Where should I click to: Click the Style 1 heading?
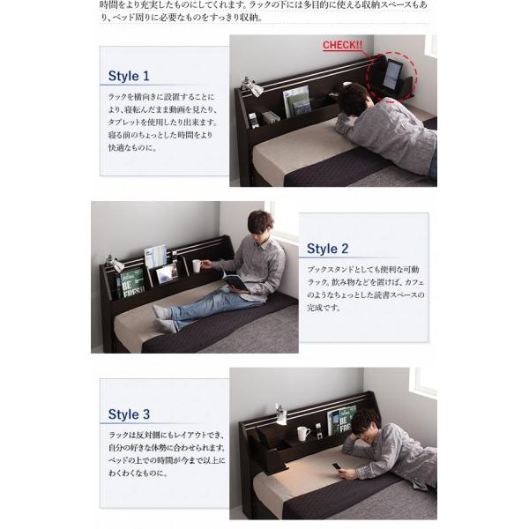(129, 76)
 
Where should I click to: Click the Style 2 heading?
(328, 249)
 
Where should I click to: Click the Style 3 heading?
(129, 414)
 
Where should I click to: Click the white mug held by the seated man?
(197, 265)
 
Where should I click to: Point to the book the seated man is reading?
(236, 282)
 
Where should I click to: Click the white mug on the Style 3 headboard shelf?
(302, 433)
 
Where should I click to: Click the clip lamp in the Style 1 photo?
(250, 87)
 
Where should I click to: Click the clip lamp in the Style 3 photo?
(281, 413)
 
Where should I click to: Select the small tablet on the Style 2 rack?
(166, 273)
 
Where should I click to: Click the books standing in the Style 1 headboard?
(296, 99)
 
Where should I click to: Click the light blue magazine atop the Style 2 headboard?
(155, 256)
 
